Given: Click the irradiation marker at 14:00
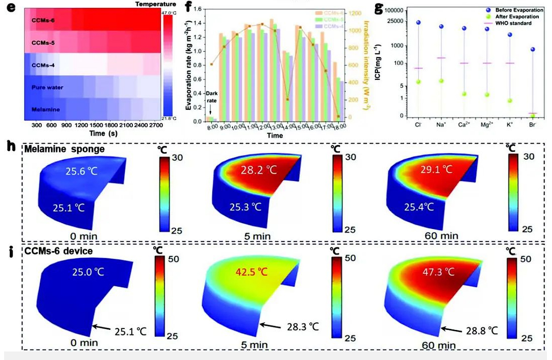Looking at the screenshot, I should [287, 99].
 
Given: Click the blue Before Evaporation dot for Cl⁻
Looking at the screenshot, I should [418, 22].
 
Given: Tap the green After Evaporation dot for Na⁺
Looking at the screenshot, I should [441, 81].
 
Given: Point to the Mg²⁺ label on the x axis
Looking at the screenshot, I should [487, 125].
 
